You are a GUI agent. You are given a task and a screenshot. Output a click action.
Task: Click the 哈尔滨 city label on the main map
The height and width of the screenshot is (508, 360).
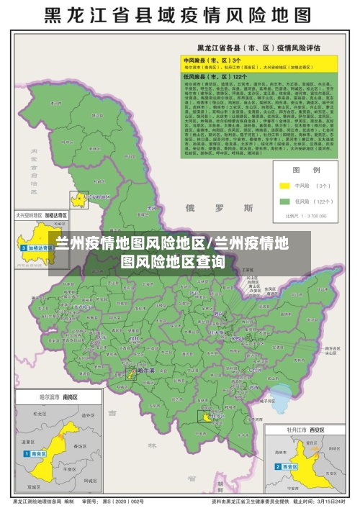click(146, 369)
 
